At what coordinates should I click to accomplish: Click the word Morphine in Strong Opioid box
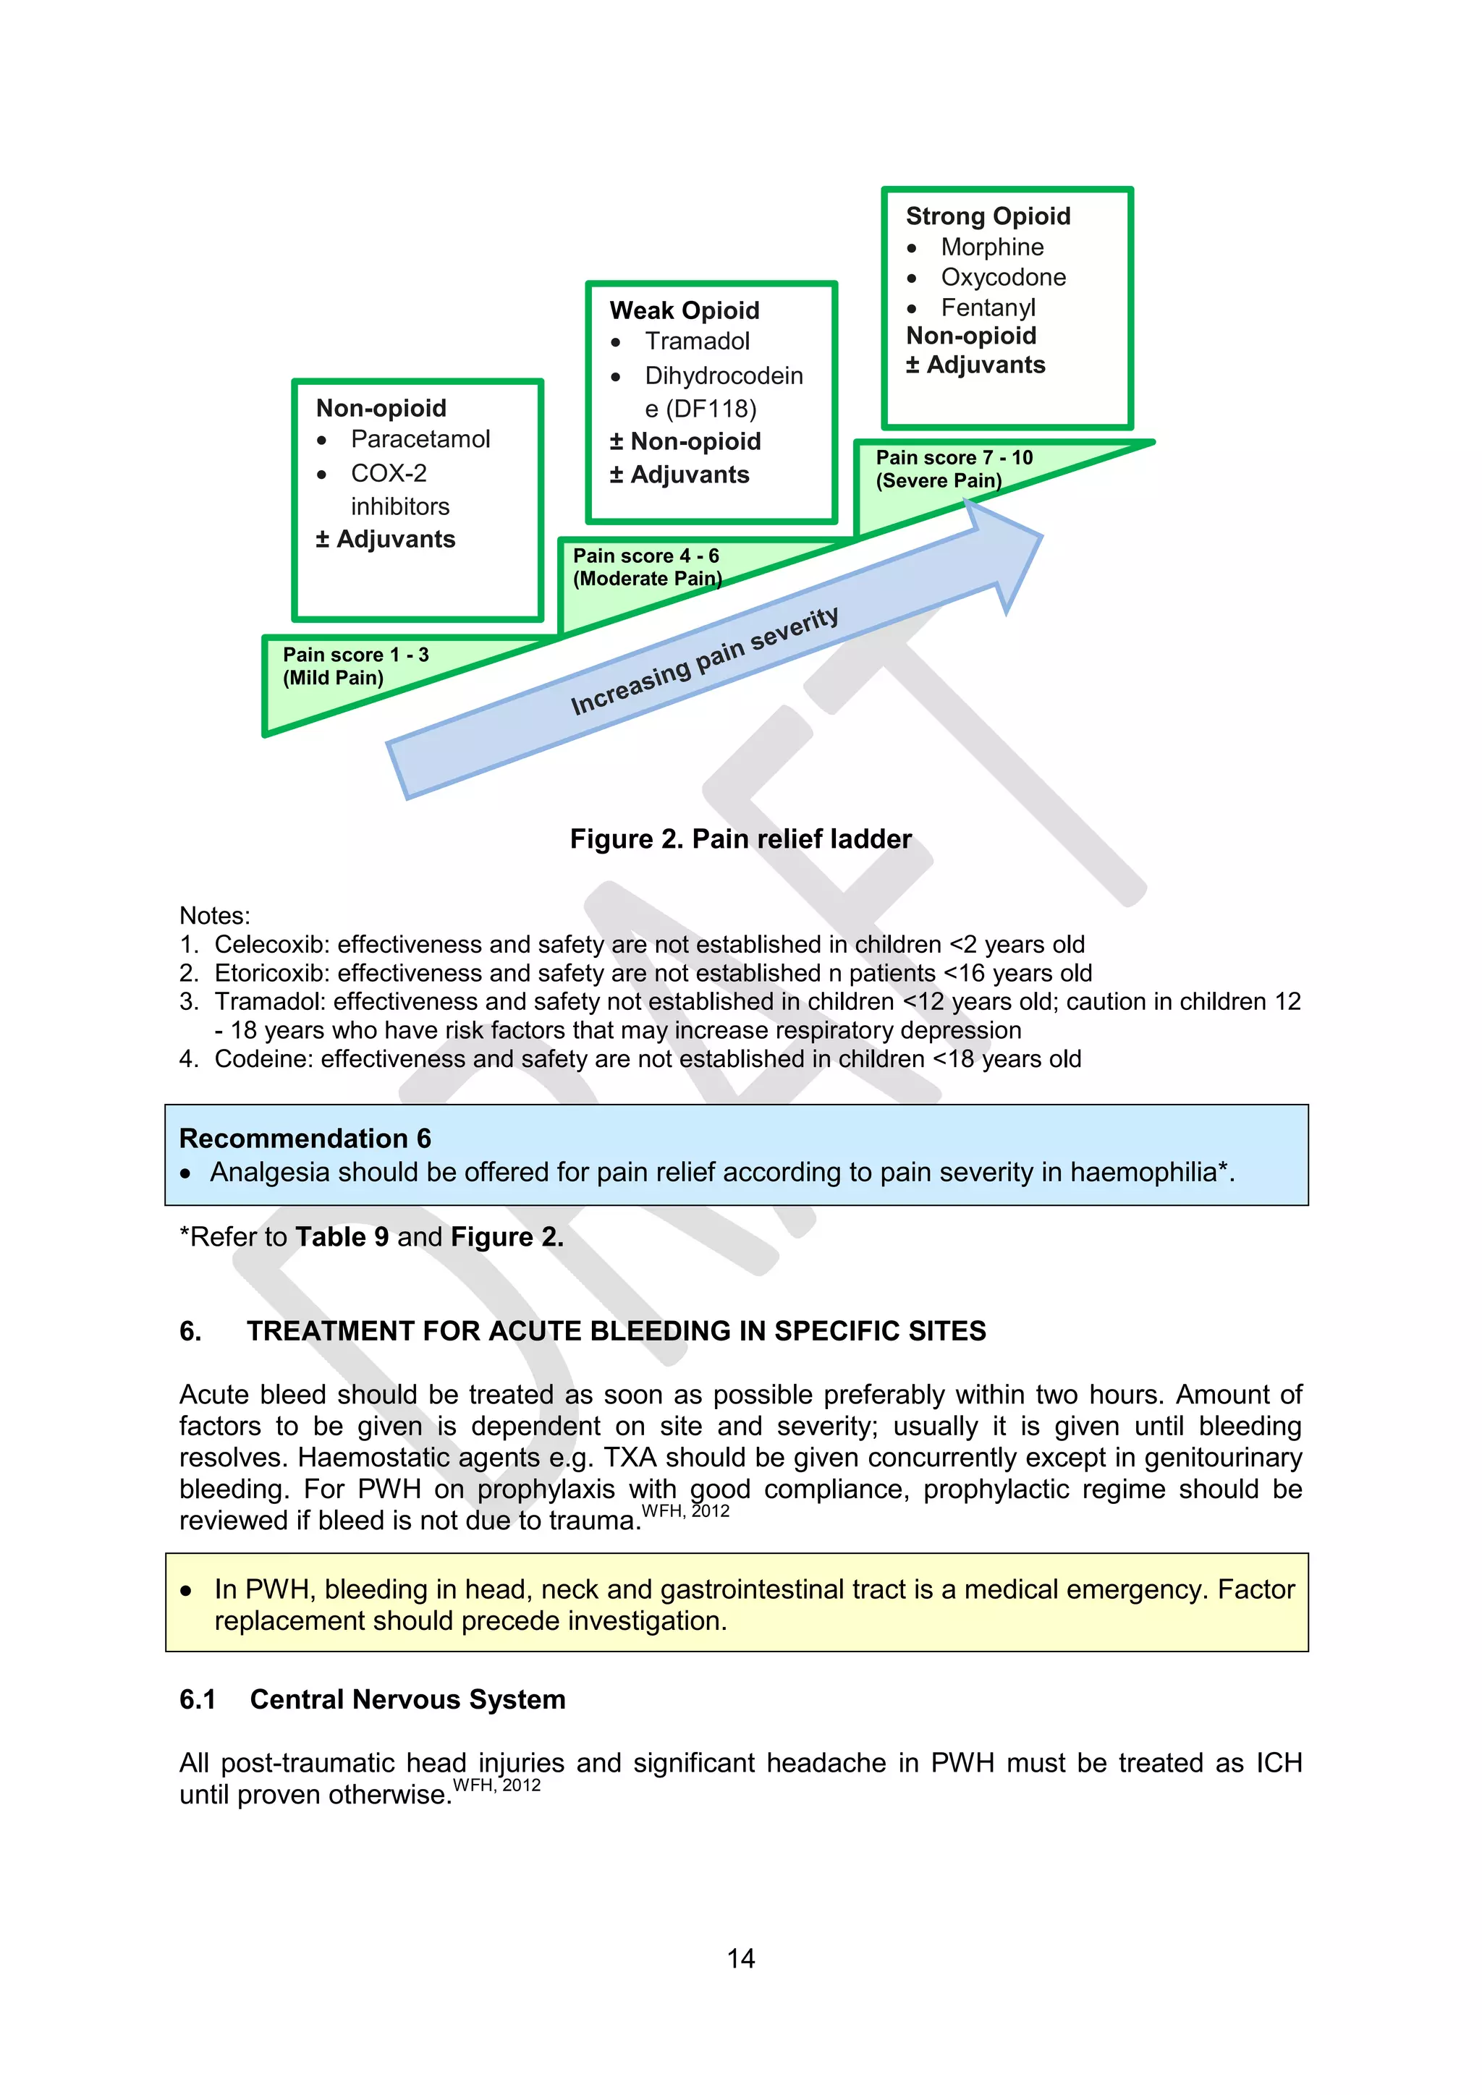click(x=992, y=247)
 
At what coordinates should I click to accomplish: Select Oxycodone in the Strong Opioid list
click(x=1003, y=277)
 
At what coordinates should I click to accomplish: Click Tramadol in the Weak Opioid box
click(x=696, y=341)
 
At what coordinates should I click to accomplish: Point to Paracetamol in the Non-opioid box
click(x=420, y=440)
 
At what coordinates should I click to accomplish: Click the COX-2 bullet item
click(x=389, y=474)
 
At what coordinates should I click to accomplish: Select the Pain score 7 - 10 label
click(x=954, y=458)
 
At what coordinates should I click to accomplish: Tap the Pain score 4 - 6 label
click(x=645, y=556)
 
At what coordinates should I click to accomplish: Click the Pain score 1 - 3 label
click(x=355, y=655)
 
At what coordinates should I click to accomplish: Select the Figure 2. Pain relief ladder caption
click(x=740, y=839)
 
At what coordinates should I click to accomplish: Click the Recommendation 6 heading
click(x=305, y=1139)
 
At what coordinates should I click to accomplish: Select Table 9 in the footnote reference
click(x=342, y=1237)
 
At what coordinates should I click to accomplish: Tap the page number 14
click(x=740, y=1959)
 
